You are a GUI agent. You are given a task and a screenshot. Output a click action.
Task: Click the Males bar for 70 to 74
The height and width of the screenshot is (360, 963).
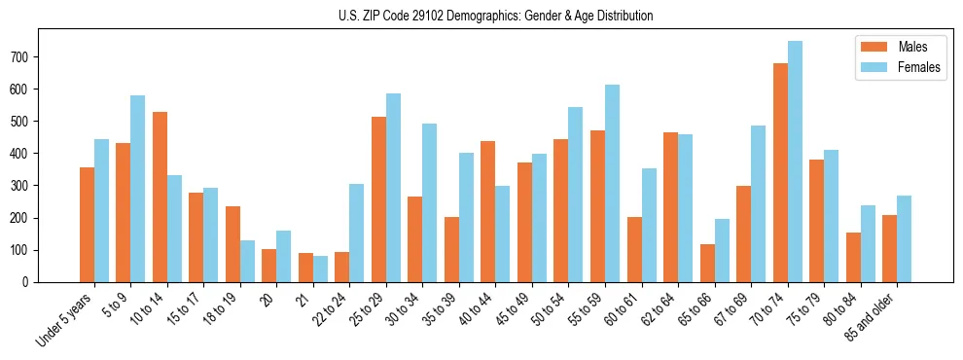[x=780, y=172]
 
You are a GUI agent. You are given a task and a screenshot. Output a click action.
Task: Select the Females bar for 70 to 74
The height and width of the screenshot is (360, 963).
[x=795, y=162]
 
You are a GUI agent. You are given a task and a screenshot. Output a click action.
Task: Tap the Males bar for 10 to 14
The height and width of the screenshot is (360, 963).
[x=160, y=197]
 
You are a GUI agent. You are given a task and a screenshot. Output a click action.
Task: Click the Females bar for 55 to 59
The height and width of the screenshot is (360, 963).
[x=612, y=183]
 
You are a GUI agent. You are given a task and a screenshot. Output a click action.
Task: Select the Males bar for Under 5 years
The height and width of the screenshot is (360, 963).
[x=87, y=225]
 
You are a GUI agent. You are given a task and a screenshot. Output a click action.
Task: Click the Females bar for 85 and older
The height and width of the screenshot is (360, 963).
[x=904, y=238]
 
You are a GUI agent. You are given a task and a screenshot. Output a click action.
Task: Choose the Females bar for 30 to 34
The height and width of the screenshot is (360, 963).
[x=430, y=202]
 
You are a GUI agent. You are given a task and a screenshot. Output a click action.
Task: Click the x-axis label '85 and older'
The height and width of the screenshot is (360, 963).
[x=874, y=314]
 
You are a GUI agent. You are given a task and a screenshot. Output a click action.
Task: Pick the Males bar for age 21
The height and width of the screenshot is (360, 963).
[x=305, y=268]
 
